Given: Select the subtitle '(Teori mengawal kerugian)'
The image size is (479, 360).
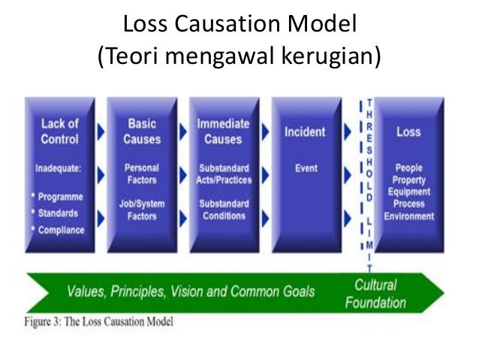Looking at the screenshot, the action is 239,57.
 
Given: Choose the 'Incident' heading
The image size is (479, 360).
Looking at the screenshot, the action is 305,132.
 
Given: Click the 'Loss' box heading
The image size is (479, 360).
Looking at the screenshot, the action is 408,132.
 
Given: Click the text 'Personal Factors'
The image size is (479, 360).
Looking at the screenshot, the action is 142,174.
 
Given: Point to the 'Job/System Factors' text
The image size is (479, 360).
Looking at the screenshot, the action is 142,210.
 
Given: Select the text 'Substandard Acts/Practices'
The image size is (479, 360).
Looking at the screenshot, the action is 224,174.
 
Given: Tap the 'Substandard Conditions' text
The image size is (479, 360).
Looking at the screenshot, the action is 224,210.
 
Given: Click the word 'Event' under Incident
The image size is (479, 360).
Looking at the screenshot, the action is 305,168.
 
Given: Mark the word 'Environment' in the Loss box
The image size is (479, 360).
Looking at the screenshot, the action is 408,216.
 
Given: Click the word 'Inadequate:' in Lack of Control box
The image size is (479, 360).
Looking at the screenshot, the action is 59,168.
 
